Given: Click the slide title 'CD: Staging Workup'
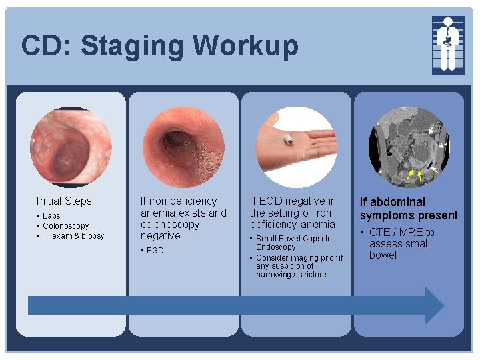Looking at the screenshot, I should pyautogui.click(x=159, y=46).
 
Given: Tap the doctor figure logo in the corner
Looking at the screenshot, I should pyautogui.click(x=447, y=45).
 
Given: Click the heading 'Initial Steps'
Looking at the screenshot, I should pyautogui.click(x=64, y=201).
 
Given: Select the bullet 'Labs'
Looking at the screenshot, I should pyautogui.click(x=51, y=216).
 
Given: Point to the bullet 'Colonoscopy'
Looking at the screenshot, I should pyautogui.click(x=65, y=226).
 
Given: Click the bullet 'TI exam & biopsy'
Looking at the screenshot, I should pyautogui.click(x=73, y=236).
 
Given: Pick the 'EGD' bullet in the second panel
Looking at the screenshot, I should pyautogui.click(x=155, y=251).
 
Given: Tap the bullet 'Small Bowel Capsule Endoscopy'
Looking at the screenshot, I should pyautogui.click(x=293, y=243).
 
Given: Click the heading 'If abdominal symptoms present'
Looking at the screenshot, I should pyautogui.click(x=409, y=208).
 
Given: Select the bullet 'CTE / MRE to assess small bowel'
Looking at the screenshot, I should pyautogui.click(x=401, y=243).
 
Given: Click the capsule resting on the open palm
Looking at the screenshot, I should pyautogui.click(x=290, y=141).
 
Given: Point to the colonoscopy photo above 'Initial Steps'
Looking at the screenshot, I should pyautogui.click(x=65, y=145).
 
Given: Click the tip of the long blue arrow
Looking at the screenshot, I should pyautogui.click(x=442, y=305).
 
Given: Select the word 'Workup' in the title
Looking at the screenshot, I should pyautogui.click(x=247, y=46).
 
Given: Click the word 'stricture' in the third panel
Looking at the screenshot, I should pyautogui.click(x=313, y=275).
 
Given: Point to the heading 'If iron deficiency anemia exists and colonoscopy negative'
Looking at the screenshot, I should pyautogui.click(x=183, y=218).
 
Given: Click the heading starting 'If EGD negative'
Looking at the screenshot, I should pyautogui.click(x=293, y=212).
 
